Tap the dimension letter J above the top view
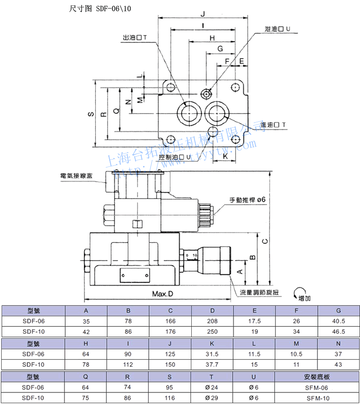[x=203, y=13]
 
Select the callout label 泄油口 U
[x=277, y=29]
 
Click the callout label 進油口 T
[x=273, y=125]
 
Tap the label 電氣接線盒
[x=76, y=176]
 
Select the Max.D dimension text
[x=163, y=294]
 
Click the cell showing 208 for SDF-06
[x=212, y=321]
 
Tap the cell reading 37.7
[x=212, y=365]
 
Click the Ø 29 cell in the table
[x=212, y=397]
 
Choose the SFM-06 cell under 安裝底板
[x=317, y=388]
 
